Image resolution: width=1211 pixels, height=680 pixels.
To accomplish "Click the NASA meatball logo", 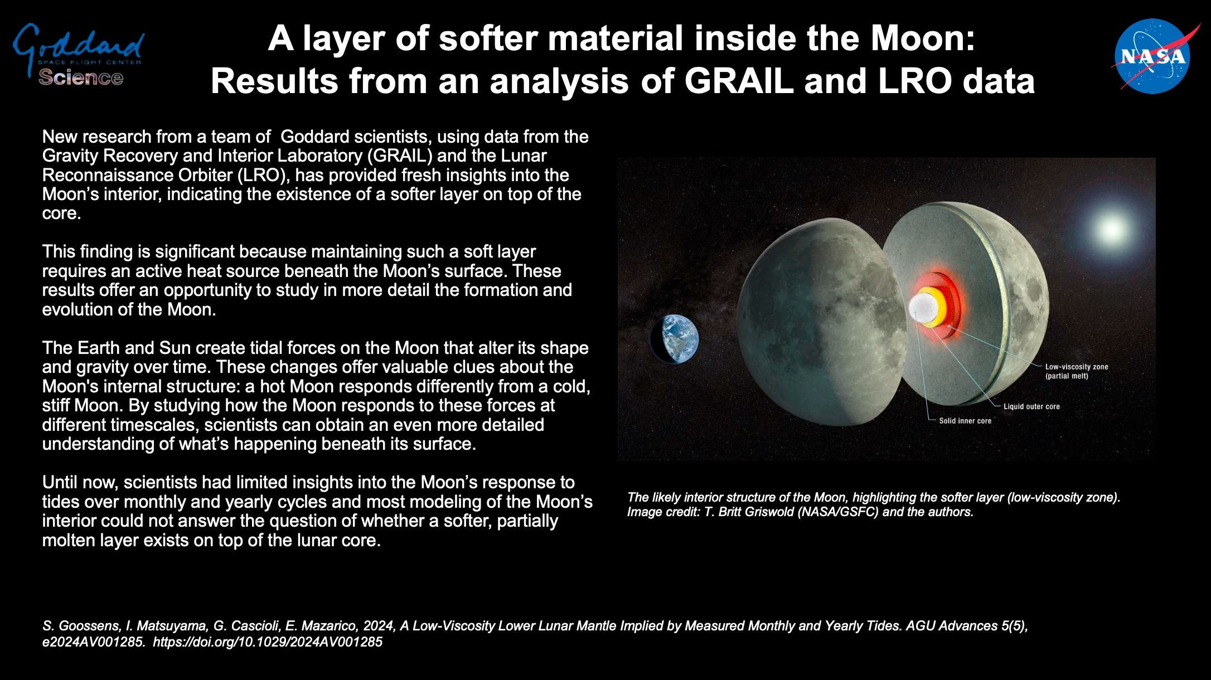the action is click(x=1153, y=56).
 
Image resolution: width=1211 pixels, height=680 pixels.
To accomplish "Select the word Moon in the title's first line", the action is click(x=923, y=38).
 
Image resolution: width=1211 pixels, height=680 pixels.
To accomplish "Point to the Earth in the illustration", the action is click(x=674, y=339).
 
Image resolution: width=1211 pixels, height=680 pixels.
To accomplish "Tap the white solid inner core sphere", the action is click(x=921, y=308).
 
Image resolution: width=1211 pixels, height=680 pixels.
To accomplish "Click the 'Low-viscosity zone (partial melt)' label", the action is click(x=1077, y=371).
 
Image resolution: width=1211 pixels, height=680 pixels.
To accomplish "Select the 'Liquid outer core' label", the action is click(x=1031, y=406).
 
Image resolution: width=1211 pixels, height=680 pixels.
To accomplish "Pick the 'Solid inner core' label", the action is click(x=965, y=421).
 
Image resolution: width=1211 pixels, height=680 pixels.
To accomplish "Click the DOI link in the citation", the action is click(x=268, y=642).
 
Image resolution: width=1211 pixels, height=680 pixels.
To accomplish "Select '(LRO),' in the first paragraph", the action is click(x=264, y=175).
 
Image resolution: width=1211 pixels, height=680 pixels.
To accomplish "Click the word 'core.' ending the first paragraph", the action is click(x=62, y=213).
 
